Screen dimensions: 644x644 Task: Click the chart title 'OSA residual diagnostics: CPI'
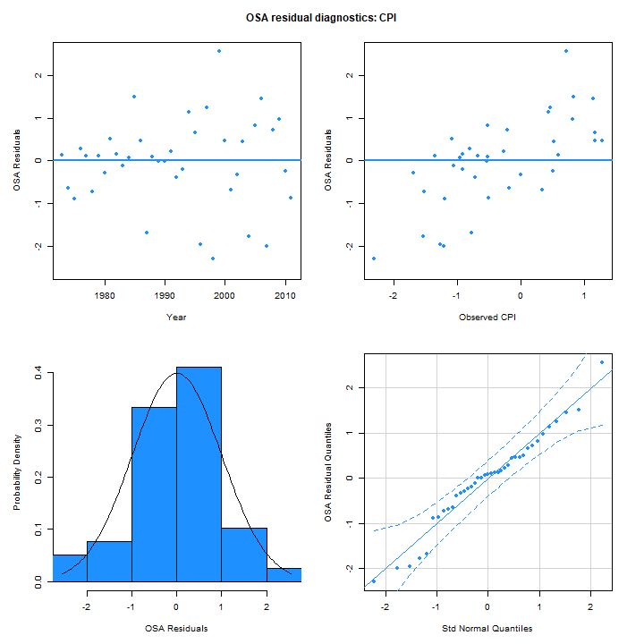321,17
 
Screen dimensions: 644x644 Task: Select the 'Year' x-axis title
175,317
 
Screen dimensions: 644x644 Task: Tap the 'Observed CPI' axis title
487,317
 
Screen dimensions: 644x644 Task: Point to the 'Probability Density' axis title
17,475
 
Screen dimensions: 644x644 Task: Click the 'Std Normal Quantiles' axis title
487,628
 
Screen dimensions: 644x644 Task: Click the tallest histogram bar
199,473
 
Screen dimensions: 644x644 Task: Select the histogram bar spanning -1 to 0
154,493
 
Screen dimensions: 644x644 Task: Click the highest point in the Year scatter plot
219,51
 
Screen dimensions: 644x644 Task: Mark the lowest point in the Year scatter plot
213,258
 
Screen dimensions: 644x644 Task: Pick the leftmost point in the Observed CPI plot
374,258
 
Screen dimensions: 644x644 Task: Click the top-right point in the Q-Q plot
602,362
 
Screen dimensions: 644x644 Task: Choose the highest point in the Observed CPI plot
566,51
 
